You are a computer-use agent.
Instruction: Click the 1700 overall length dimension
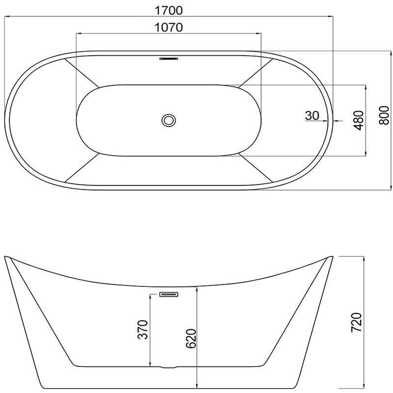(168, 10)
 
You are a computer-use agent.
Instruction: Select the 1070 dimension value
(168, 28)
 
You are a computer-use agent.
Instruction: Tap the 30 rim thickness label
(312, 115)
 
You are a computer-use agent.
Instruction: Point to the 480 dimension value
(359, 120)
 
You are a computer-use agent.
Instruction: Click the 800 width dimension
(384, 115)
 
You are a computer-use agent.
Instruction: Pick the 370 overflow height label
(143, 329)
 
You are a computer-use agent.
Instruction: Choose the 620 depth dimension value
(191, 338)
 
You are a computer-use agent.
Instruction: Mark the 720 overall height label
(356, 323)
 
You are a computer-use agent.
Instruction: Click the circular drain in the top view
(169, 120)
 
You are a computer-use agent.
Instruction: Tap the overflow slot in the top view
(168, 58)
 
